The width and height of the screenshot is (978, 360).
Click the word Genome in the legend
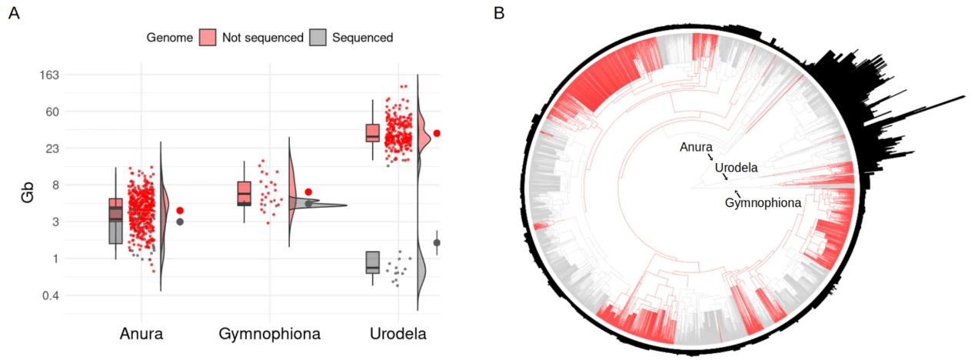point(169,37)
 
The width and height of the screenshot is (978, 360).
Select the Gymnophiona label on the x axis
point(269,334)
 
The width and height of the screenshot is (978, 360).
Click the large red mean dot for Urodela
point(437,134)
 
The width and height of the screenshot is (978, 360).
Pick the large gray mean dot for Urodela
point(437,243)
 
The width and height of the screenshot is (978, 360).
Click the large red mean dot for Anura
point(180,210)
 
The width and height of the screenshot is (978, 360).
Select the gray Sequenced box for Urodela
point(373,262)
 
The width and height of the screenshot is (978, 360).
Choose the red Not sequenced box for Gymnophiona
point(244,192)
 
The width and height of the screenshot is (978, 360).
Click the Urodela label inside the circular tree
point(736,168)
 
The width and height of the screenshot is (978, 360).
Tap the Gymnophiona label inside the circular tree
point(763,203)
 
